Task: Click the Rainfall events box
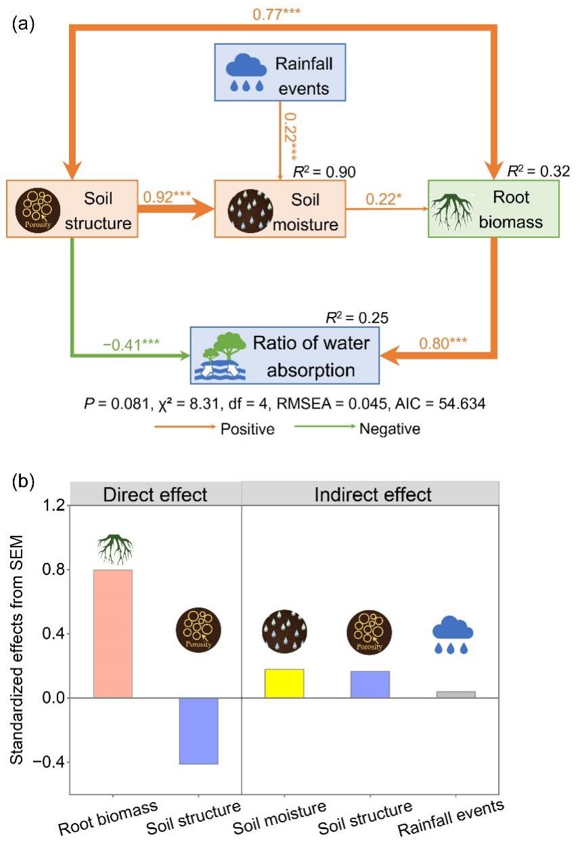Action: (279, 72)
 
